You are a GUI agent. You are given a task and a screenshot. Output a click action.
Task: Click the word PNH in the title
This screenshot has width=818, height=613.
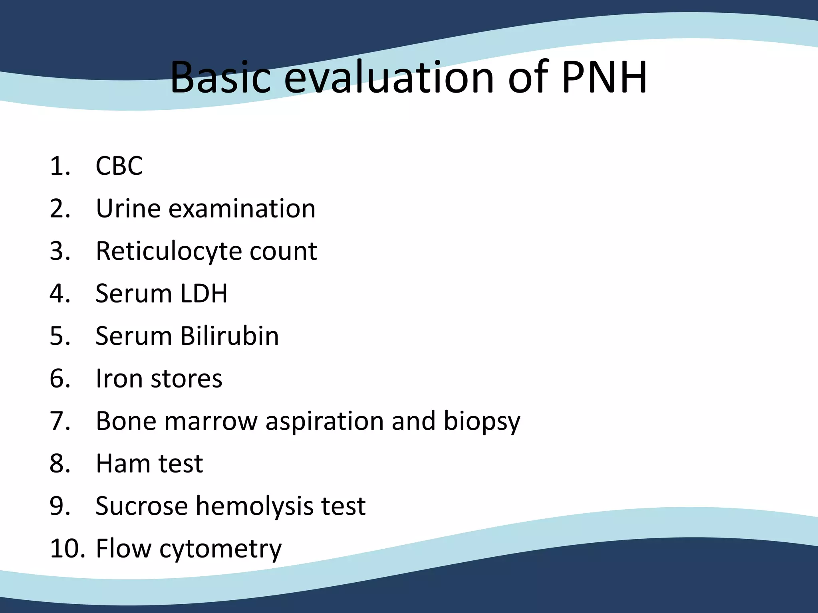click(x=604, y=77)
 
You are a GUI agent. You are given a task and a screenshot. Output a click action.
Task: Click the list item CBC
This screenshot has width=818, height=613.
click(x=119, y=166)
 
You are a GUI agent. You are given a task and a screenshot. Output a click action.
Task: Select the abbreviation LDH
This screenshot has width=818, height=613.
click(x=204, y=293)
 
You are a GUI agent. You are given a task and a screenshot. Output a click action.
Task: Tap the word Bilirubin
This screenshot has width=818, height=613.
click(x=230, y=336)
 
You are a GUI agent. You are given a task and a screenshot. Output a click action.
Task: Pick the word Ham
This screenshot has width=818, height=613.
click(x=122, y=463)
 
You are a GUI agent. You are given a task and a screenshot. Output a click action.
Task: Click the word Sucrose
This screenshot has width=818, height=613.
click(x=142, y=506)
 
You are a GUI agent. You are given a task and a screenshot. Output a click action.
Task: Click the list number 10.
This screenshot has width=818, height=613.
click(x=67, y=549)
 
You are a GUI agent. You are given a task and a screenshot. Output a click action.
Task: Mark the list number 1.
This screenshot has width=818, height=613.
click(x=60, y=166)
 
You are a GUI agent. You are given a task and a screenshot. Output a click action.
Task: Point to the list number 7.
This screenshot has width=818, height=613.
click(x=60, y=421)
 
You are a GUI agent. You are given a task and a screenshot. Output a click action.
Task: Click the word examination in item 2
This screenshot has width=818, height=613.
click(x=242, y=208)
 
